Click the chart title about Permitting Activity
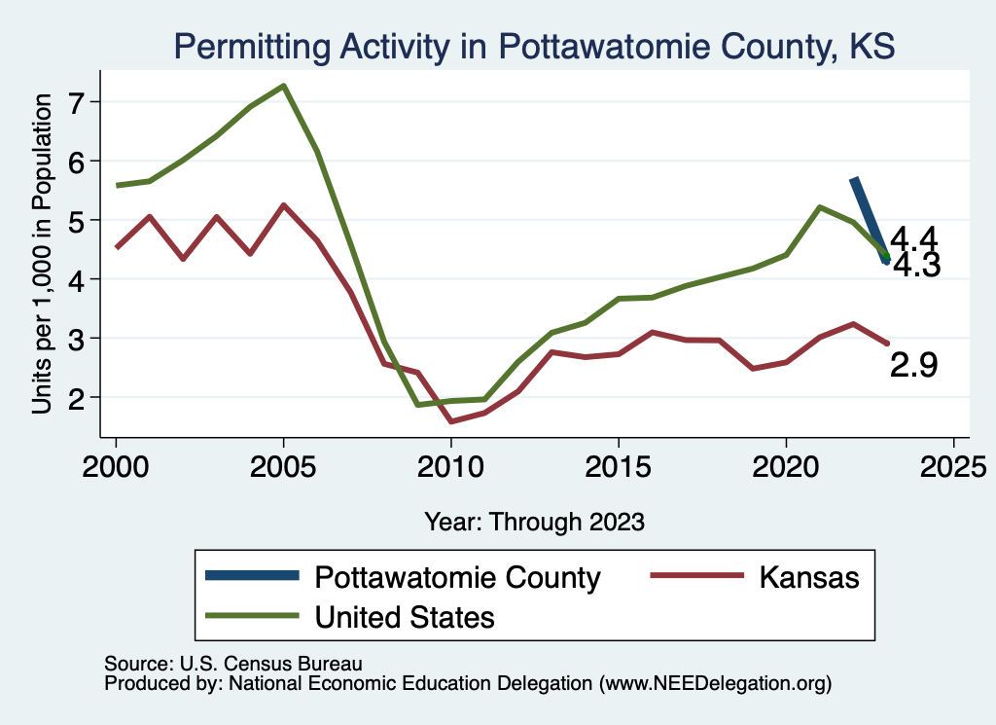[x=533, y=46]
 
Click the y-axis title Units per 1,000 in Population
[x=42, y=253]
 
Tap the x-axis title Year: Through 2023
[x=534, y=522]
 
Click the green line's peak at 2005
[x=283, y=86]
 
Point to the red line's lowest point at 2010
[x=450, y=421]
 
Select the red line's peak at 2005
[x=283, y=205]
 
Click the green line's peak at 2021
[x=819, y=207]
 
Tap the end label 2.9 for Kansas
[x=914, y=365]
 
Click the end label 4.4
[x=914, y=237]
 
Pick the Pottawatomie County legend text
[x=458, y=577]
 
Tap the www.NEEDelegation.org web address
[x=716, y=683]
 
